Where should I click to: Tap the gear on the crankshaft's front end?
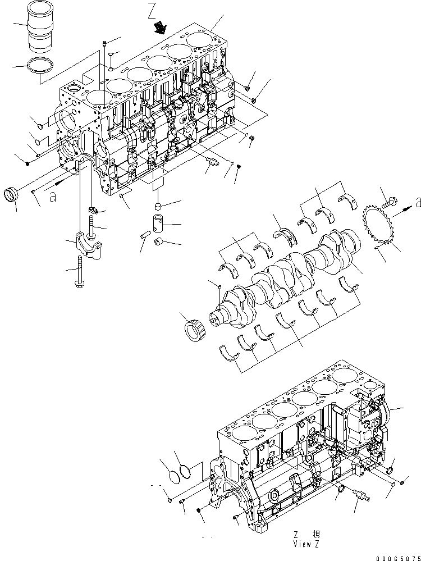[194, 328]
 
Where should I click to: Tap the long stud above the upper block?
[104, 62]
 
